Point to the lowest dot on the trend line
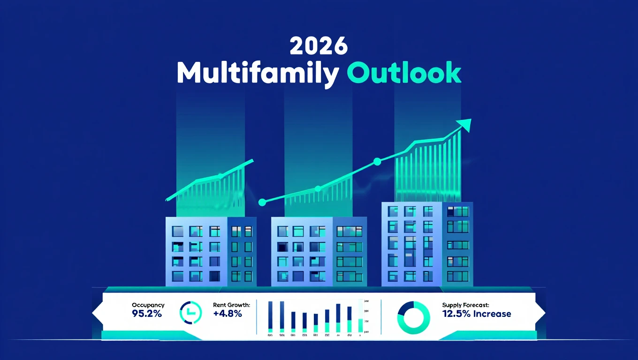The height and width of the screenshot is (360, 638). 262,202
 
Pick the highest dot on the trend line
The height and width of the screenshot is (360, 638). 377,162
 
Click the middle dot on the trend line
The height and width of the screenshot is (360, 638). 318,188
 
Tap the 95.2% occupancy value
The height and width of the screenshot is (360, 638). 146,314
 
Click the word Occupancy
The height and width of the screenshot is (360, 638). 148,305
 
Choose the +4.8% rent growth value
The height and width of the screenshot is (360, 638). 227,314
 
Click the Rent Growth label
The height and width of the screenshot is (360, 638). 231,305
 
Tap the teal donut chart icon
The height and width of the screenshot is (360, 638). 413,314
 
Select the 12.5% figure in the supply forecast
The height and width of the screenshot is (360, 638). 456,314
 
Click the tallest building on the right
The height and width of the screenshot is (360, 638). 427,244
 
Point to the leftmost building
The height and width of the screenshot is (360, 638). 211,251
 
